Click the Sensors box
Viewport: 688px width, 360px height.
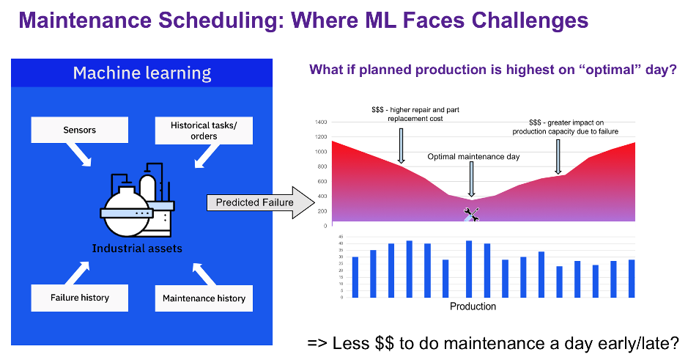pyautogui.click(x=79, y=130)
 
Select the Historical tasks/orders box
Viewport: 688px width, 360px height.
pyautogui.click(x=204, y=131)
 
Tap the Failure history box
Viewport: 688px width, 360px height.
pyautogui.click(x=79, y=298)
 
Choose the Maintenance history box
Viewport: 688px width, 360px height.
pyautogui.click(x=204, y=298)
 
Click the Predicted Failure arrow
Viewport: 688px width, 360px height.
pyautogui.click(x=261, y=202)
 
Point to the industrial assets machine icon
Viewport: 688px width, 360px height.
pyautogui.click(x=137, y=199)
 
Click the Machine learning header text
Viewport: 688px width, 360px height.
pyautogui.click(x=142, y=73)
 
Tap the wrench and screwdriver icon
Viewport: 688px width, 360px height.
pyautogui.click(x=471, y=215)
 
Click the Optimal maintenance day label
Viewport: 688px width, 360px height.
pyautogui.click(x=473, y=157)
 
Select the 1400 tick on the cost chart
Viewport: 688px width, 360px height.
pyautogui.click(x=321, y=122)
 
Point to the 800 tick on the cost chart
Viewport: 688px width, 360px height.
pyautogui.click(x=322, y=166)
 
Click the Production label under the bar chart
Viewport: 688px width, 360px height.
pyautogui.click(x=473, y=306)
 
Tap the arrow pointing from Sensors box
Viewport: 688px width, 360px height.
pyautogui.click(x=78, y=155)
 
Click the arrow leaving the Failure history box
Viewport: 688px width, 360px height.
pyautogui.click(x=77, y=273)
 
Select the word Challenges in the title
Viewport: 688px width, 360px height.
pyautogui.click(x=530, y=21)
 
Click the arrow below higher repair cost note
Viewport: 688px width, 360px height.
pyautogui.click(x=401, y=146)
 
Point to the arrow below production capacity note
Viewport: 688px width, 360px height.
pyautogui.click(x=558, y=157)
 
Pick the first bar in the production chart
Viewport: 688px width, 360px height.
pyautogui.click(x=355, y=277)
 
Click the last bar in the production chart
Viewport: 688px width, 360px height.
pyautogui.click(x=632, y=279)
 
